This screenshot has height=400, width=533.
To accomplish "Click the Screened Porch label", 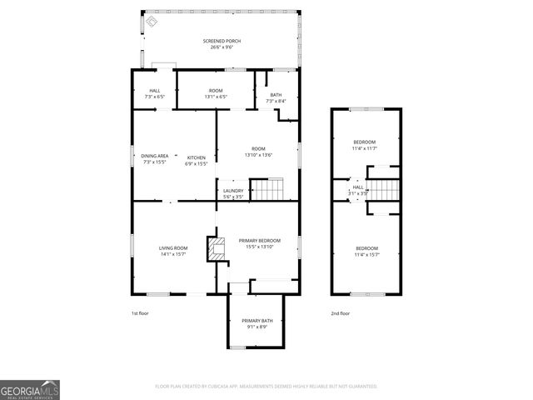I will (x=221, y=43).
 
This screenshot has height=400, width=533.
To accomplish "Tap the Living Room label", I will (x=173, y=251).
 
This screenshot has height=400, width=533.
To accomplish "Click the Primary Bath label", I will (x=257, y=323).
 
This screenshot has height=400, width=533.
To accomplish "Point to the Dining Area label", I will (x=155, y=159).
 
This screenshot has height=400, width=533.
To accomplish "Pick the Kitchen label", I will (x=196, y=160).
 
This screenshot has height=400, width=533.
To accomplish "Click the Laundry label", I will (x=233, y=193).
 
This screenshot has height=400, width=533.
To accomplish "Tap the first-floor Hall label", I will (x=155, y=93).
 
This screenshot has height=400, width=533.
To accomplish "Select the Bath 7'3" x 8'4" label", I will (x=275, y=97).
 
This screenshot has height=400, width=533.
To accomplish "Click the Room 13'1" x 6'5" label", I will (x=216, y=93).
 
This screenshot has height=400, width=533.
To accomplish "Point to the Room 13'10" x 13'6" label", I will (x=258, y=152).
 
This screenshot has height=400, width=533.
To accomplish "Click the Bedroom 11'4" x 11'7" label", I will (x=365, y=145).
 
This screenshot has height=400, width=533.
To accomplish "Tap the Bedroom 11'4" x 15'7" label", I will (x=367, y=251).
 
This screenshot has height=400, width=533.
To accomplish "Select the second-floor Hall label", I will (x=357, y=190).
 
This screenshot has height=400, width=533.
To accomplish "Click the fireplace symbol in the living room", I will (x=217, y=248).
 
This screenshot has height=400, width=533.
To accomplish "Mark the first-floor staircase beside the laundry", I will (x=268, y=192).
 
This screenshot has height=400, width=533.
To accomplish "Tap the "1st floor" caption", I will (x=139, y=313).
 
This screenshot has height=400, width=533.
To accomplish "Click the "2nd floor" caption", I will (x=340, y=313).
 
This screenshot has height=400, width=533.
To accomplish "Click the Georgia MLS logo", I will (x=30, y=389).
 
